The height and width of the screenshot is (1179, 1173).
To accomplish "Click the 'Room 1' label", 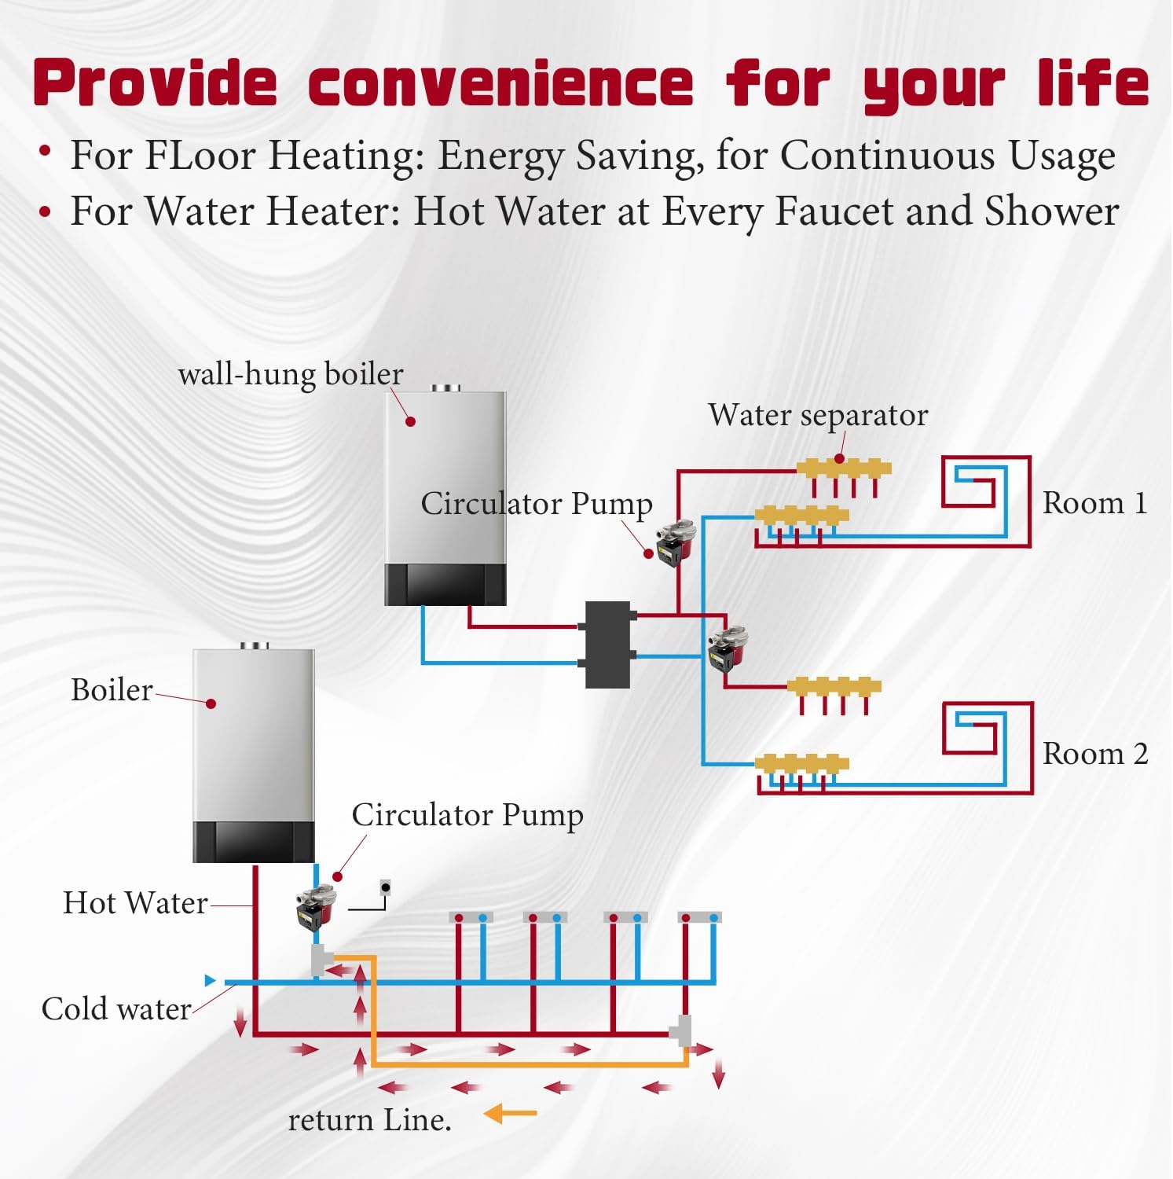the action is [x=1094, y=503].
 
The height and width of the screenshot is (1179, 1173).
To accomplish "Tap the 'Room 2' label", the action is [x=1094, y=754].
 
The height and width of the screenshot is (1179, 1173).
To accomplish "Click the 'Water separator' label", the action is [x=817, y=415].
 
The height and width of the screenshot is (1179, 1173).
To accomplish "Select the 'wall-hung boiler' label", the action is [x=290, y=374].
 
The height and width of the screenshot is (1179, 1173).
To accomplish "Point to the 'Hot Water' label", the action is [x=135, y=903].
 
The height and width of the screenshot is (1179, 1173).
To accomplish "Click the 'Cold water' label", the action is [x=116, y=1008].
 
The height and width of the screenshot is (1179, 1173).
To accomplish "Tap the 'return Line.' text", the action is [x=369, y=1120].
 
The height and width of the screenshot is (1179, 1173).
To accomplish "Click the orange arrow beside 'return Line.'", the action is [x=511, y=1113].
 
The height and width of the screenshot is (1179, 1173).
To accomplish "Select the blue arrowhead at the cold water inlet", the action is [x=210, y=980].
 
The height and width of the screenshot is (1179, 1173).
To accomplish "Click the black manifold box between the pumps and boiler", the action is [x=609, y=645].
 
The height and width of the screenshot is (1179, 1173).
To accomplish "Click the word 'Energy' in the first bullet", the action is [x=500, y=156].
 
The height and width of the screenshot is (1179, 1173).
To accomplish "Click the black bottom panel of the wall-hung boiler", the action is [x=445, y=584].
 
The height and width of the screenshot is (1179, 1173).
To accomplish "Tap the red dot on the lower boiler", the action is [x=211, y=703].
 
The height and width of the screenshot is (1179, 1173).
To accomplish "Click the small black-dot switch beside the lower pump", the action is [x=385, y=888].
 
